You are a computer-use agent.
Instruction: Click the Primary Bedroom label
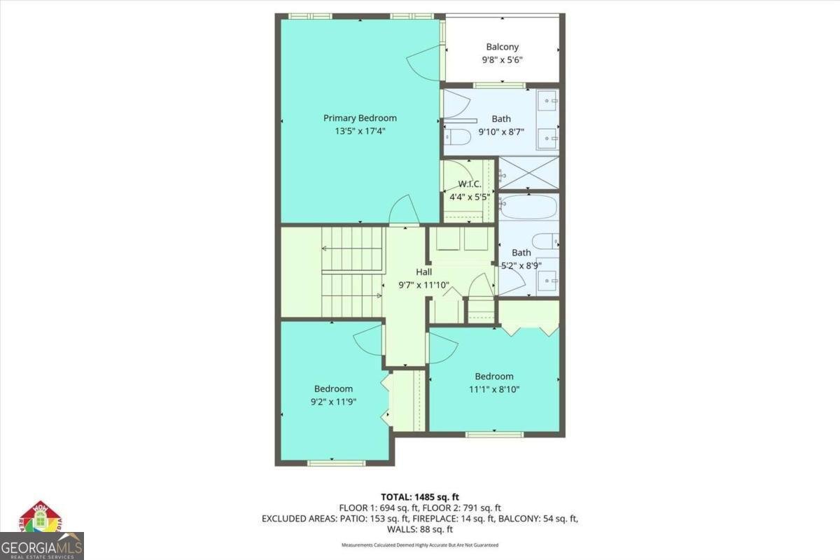point(360,118)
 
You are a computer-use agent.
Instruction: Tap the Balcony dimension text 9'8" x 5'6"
point(503,60)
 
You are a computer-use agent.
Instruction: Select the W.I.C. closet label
point(468,184)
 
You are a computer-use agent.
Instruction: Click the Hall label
point(423,272)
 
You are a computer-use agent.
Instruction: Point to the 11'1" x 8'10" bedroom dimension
point(493,389)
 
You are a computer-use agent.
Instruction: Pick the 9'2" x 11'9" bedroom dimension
point(333,402)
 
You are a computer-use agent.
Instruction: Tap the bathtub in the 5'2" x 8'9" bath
point(528,207)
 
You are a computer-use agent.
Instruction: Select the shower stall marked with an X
point(528,173)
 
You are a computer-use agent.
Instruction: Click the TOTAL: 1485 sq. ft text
point(420,497)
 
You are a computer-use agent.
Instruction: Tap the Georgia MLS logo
point(42,535)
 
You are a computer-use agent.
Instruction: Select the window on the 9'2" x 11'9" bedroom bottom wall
point(335,463)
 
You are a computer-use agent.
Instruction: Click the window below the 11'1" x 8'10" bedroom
point(493,435)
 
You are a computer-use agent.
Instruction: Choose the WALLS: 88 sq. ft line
point(420,530)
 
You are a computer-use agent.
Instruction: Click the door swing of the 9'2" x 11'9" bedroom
point(369,342)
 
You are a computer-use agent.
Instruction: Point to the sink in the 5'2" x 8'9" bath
point(547,281)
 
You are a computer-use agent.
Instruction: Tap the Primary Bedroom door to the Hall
point(404,210)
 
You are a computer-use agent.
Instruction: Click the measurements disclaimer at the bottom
point(420,545)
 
